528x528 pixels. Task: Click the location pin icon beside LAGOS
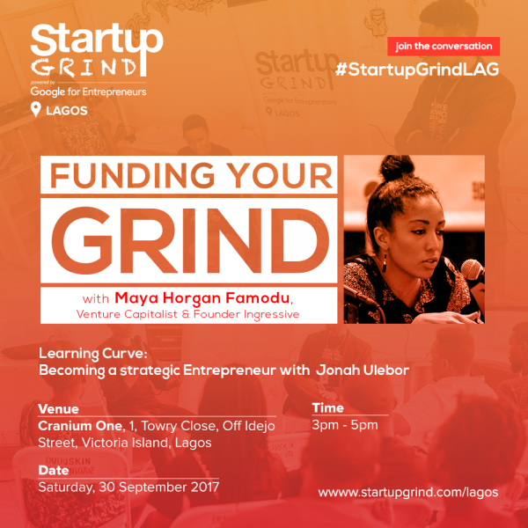(36, 109)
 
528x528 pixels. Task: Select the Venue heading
(59, 409)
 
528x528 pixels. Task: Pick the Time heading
(326, 409)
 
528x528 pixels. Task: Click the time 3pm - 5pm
(345, 426)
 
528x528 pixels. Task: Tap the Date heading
(55, 470)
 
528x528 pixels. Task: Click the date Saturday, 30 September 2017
(128, 487)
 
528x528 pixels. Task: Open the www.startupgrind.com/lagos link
(407, 492)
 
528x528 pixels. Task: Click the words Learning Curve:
(84, 353)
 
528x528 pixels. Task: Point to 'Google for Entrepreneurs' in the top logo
(88, 92)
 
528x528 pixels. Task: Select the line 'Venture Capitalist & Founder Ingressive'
(195, 310)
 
